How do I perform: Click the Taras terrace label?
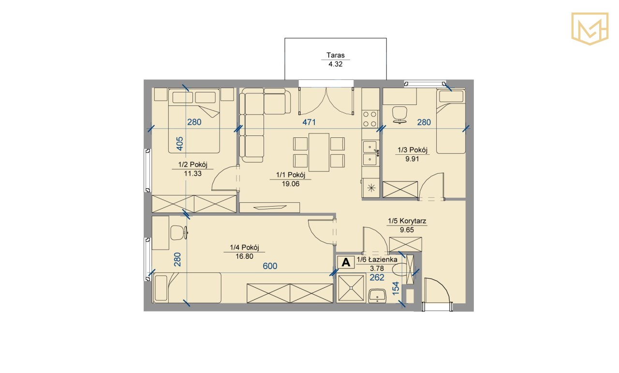coord(336,55)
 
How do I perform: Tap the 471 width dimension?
coord(309,122)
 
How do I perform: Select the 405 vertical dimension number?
coord(179,144)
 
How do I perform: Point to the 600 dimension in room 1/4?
coord(270,266)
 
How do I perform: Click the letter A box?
coord(346,262)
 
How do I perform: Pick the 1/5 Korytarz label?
coord(407,221)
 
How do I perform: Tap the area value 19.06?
coord(291,184)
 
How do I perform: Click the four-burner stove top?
coord(370,119)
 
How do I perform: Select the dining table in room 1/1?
coord(319,152)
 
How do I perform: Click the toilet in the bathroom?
coord(400,270)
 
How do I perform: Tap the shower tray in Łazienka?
coord(351,288)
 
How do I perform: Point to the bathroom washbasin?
coord(378,296)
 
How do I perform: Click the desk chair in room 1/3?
coord(399,115)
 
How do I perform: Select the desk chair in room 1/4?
coord(178,233)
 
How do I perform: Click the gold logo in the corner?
coord(590,29)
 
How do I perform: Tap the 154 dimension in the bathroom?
coord(396,288)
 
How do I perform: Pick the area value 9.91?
coord(413,159)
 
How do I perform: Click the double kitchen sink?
coord(370,152)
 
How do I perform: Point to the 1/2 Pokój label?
coord(192,164)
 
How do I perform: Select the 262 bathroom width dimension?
coord(377,277)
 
